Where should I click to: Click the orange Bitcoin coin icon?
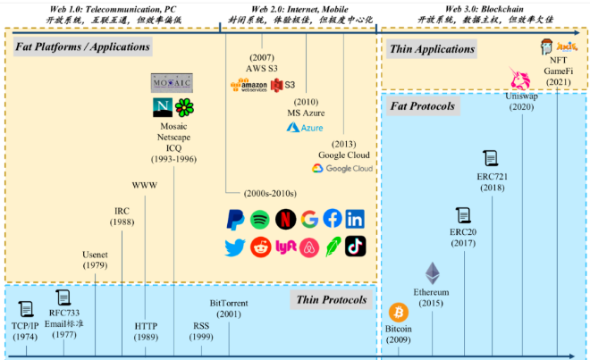(398, 314)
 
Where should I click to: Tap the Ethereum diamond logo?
(432, 273)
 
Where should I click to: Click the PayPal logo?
(236, 219)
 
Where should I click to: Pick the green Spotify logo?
(260, 219)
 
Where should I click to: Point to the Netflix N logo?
(284, 219)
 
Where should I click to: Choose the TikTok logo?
(356, 247)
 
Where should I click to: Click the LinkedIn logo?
(356, 219)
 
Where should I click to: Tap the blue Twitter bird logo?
(236, 247)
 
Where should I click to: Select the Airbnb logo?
(308, 247)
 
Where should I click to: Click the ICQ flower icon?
(185, 109)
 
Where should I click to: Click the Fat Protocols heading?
(424, 106)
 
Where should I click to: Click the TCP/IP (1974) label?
(27, 331)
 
